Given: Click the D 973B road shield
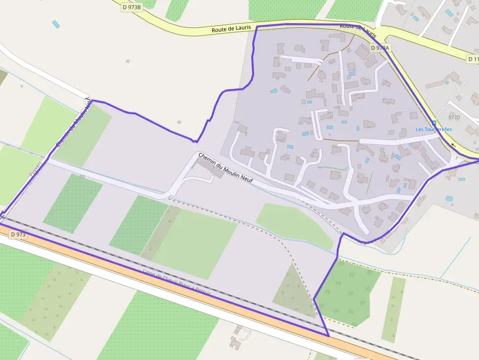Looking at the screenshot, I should click(131, 7).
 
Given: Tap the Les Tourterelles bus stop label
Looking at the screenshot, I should click(434, 129).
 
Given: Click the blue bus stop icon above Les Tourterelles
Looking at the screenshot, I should click(434, 122).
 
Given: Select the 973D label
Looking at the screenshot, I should click(454, 117).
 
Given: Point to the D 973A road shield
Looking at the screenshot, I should click(380, 48).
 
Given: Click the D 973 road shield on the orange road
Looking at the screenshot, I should click(17, 235).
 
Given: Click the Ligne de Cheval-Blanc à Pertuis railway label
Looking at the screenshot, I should click(177, 282).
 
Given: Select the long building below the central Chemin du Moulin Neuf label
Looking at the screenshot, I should click(210, 168).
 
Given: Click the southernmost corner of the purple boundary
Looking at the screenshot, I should click(328, 336).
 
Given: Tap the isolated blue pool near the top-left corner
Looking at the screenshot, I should click(56, 23).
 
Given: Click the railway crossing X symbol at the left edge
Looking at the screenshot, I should click(2, 215).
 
